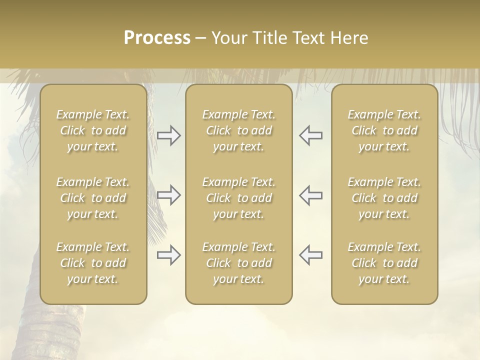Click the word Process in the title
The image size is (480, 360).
157,38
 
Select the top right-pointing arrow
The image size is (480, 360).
168,135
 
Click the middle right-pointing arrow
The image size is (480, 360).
168,195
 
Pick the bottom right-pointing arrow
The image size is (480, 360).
168,255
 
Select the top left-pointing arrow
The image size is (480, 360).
311,135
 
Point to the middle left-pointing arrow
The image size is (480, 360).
311,195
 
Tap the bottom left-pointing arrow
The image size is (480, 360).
311,255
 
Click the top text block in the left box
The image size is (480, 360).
93,130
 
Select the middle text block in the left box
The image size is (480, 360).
93,198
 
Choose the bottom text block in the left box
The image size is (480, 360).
93,263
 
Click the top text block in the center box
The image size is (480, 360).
239,130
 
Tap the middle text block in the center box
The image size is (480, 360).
239,198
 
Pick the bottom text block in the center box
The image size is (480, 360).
239,263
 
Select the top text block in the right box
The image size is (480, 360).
384,130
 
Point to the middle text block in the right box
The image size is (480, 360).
384,198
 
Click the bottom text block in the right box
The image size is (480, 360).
384,263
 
